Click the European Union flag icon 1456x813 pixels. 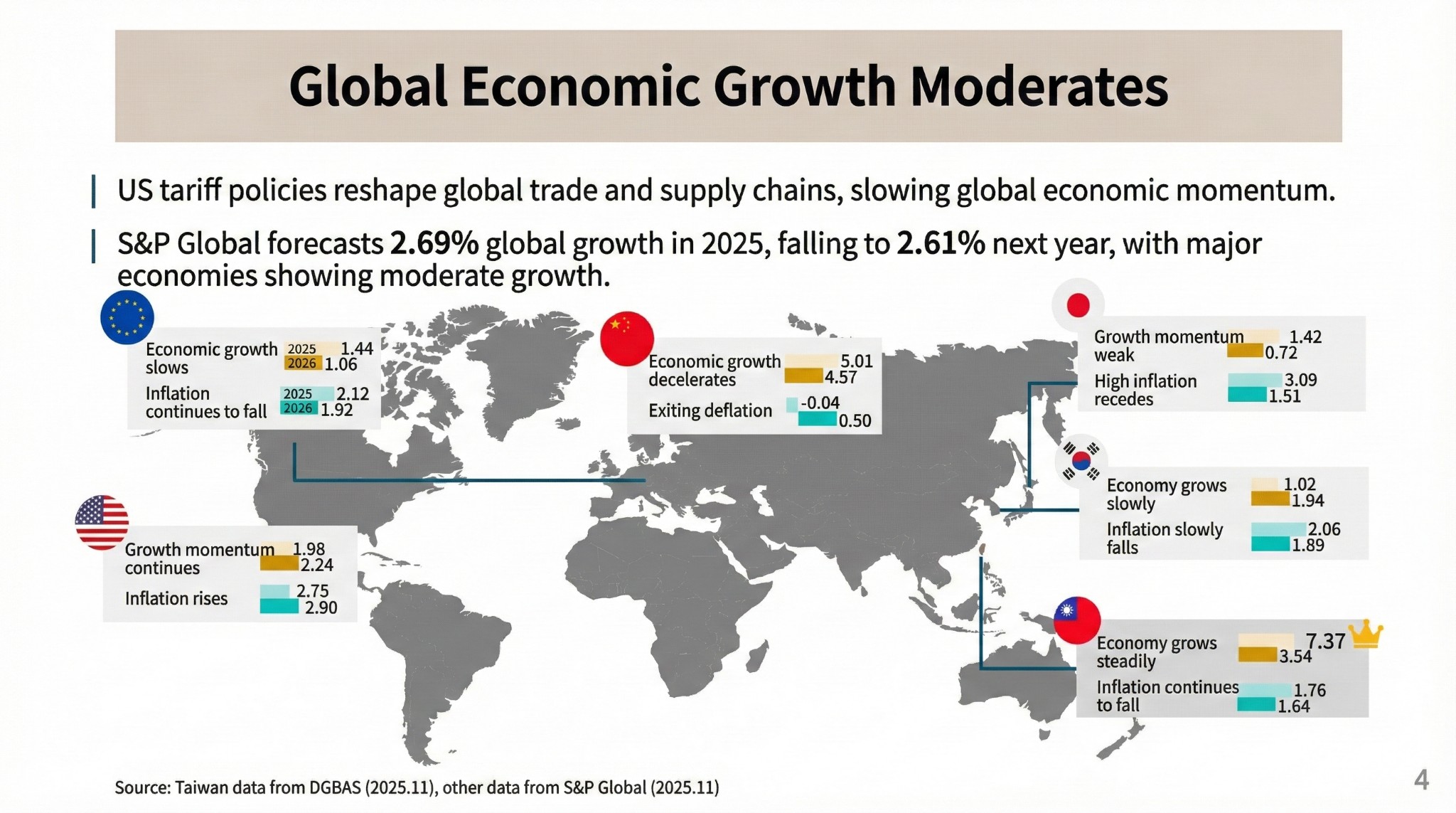[127, 317]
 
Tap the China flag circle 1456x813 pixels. [626, 339]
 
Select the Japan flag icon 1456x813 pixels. [1078, 305]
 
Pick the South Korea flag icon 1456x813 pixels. [1081, 461]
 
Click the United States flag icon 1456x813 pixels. [102, 522]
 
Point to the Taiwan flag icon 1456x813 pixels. [1076, 620]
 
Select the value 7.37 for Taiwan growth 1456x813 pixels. [1325, 641]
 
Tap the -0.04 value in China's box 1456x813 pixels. [820, 403]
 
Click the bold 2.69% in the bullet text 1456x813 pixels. [434, 244]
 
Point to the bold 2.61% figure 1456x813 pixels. [940, 244]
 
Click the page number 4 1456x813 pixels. [1421, 780]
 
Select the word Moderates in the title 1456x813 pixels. [1039, 87]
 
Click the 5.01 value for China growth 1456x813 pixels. [856, 361]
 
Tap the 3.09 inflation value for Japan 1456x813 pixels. [1300, 381]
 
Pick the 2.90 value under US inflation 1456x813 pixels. [321, 607]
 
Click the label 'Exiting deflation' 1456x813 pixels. [710, 410]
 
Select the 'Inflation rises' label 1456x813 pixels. [176, 598]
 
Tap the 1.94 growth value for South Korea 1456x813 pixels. [1307, 501]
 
